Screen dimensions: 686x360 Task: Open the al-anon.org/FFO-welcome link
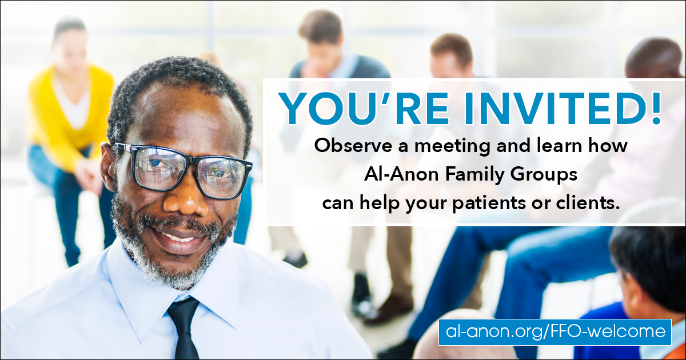(x=555, y=332)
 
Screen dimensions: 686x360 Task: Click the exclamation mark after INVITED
(x=656, y=109)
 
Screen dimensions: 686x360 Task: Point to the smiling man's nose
(x=186, y=198)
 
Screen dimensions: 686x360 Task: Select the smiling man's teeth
(x=178, y=237)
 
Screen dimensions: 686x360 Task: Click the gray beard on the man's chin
(x=171, y=269)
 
